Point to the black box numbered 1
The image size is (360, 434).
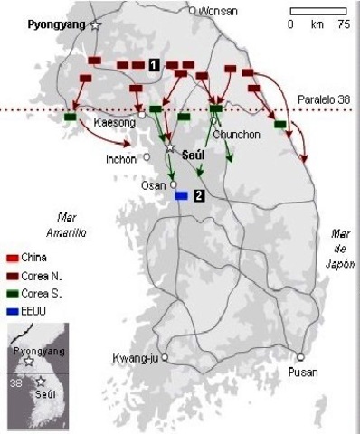(155, 63)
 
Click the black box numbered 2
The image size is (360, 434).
(198, 195)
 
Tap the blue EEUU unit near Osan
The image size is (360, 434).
(182, 195)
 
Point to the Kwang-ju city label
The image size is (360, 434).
(135, 356)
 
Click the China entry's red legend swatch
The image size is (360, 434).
(12, 257)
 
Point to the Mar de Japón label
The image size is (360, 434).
(339, 243)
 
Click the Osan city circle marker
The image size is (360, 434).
(174, 184)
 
